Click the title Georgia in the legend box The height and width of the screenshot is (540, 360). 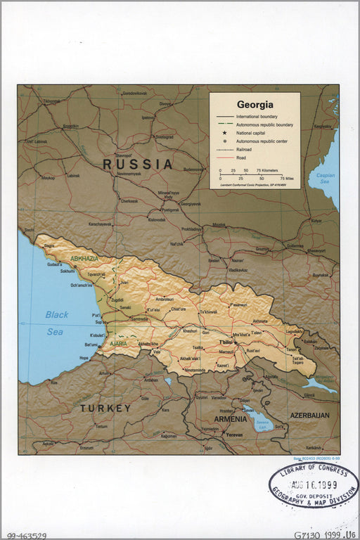coord(255,104)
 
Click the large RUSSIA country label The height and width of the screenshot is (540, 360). coord(138,164)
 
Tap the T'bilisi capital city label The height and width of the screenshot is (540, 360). coord(225,342)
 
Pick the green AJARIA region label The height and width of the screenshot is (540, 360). coord(117,344)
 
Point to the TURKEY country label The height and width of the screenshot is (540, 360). coord(105,408)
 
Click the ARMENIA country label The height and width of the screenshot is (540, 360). coord(230,419)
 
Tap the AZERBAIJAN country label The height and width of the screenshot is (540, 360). coord(309,416)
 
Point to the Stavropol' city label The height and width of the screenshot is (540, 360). coord(124,155)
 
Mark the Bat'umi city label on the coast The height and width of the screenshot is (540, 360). coord(91,345)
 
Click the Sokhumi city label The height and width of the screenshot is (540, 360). coord(67,270)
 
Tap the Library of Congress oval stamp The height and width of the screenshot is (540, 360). coord(313,486)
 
